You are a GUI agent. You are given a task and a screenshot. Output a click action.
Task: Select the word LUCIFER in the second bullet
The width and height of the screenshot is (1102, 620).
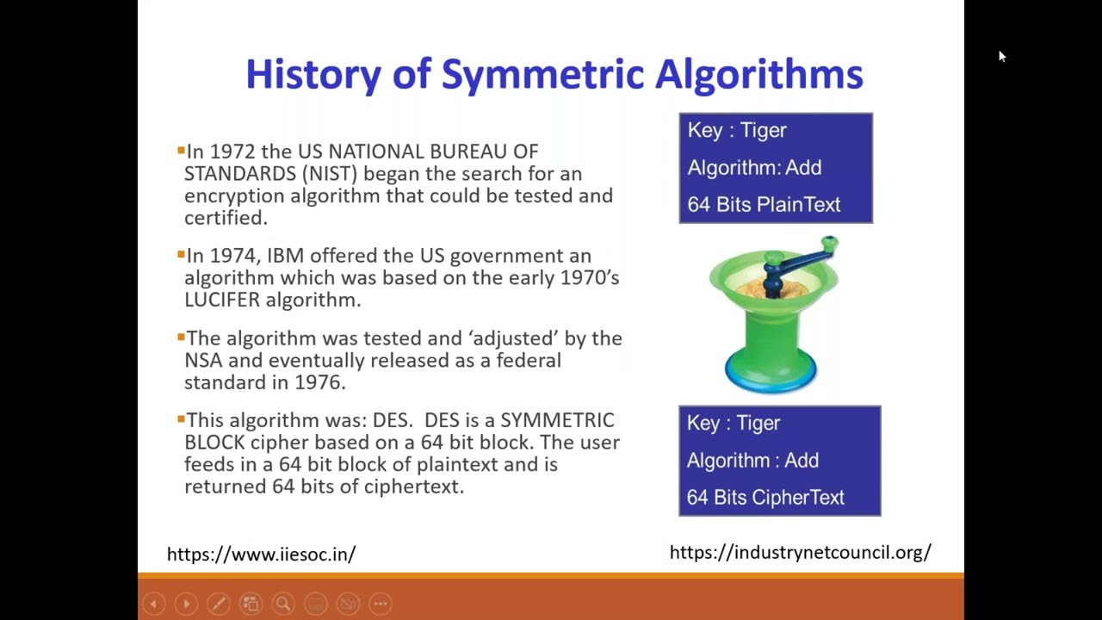pos(222,301)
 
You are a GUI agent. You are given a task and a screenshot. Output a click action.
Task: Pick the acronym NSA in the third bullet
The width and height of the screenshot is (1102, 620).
pos(203,361)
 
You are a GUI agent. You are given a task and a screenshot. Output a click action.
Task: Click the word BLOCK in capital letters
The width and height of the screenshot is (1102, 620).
pos(214,443)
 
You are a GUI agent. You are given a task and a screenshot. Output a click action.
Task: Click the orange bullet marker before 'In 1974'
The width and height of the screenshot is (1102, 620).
pos(181,255)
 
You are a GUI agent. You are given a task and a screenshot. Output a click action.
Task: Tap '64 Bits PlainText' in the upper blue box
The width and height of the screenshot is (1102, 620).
pos(764,205)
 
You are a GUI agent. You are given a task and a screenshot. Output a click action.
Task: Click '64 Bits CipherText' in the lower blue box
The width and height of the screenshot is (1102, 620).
pos(765,498)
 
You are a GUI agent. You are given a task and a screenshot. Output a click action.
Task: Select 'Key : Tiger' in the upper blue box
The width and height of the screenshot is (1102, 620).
pos(737,130)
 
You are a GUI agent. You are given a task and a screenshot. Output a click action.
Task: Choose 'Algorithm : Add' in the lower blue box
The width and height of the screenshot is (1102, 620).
pos(752,461)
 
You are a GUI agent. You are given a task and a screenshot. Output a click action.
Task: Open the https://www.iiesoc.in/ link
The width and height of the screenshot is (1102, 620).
pos(261,555)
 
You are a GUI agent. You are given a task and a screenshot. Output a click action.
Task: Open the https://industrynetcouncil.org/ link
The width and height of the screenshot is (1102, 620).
pos(800,553)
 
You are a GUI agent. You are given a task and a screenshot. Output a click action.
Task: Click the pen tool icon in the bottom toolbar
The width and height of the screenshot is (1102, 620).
pos(218,604)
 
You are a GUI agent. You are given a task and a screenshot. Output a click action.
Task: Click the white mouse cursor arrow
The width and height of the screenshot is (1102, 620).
pos(1001,56)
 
